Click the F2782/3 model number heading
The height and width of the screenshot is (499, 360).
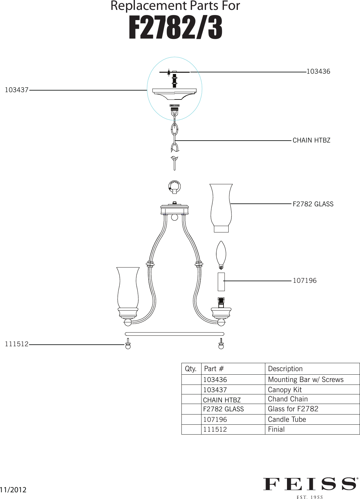(x=175, y=28)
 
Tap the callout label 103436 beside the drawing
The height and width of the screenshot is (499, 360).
(x=318, y=72)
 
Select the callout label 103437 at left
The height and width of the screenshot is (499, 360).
(x=17, y=90)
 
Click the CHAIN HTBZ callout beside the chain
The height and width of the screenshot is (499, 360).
(x=311, y=141)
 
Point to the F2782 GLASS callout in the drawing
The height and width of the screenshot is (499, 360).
(x=313, y=204)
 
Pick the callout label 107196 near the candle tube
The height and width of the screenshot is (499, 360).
(x=305, y=281)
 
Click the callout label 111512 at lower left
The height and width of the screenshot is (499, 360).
(x=17, y=344)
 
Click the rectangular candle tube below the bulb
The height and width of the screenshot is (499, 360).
(x=221, y=282)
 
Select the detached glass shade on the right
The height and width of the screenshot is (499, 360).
(x=221, y=207)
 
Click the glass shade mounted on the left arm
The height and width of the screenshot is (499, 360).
(x=128, y=289)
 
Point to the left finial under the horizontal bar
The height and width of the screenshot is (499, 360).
(x=128, y=344)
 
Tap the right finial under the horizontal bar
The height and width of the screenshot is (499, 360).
(x=221, y=344)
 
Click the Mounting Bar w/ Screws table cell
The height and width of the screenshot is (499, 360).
(x=305, y=380)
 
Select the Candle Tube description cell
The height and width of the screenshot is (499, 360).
(x=287, y=420)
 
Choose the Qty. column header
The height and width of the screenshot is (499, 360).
(x=191, y=369)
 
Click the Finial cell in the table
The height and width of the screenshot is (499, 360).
(x=276, y=429)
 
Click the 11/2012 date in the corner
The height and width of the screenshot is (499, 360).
(x=13, y=490)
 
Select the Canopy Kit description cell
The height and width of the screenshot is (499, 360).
(x=284, y=390)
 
